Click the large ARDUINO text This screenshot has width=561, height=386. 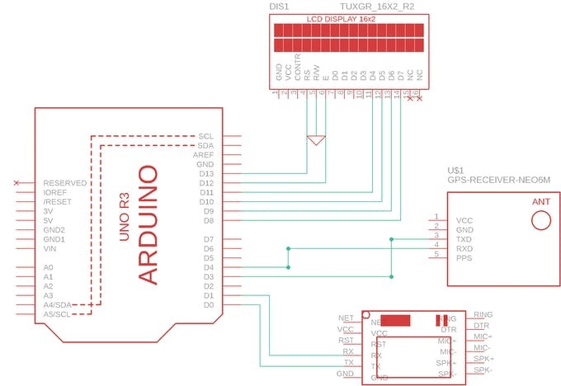coord(147,224)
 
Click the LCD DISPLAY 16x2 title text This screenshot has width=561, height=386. coord(346,17)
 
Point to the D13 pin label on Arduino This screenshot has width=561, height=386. coord(207,174)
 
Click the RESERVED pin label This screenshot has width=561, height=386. coord(65,183)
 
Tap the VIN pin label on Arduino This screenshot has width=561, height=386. coord(49,248)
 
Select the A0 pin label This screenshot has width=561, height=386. coord(48,268)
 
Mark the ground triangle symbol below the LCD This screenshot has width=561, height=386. coord(314,141)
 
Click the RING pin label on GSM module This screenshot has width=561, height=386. coord(483,315)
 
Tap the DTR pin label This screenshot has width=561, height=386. coord(482,327)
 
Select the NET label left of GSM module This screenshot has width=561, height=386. coord(346,318)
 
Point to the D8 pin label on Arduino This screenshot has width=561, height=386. coord(208,221)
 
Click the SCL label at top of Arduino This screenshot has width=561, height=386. coord(206,136)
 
